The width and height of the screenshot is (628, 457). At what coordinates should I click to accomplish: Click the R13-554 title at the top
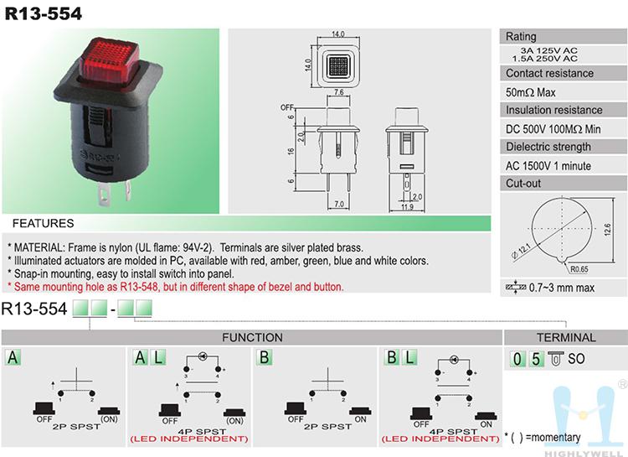click(44, 13)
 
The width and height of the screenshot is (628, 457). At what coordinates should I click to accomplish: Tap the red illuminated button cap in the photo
click(111, 60)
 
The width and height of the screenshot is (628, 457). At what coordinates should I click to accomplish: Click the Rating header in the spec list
click(521, 37)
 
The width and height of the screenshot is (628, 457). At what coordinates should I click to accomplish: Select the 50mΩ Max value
click(530, 92)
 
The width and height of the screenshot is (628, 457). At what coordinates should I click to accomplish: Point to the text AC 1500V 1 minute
click(548, 166)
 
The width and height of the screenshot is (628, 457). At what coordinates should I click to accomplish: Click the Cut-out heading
click(523, 184)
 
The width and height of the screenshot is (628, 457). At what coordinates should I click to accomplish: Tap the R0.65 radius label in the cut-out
click(579, 269)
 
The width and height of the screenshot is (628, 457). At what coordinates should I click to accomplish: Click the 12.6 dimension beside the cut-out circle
click(608, 230)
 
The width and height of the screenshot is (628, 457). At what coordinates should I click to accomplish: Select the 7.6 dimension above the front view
click(338, 92)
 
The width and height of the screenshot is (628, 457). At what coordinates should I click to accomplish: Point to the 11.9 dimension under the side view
click(407, 207)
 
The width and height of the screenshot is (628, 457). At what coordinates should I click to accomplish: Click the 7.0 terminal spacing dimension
click(339, 205)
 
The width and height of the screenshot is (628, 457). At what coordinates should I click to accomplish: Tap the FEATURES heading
click(44, 223)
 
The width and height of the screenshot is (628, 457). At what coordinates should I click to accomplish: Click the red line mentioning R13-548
click(176, 287)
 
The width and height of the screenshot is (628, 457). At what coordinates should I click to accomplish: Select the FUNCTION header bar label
click(252, 337)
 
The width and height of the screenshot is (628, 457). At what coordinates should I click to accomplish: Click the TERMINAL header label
click(566, 337)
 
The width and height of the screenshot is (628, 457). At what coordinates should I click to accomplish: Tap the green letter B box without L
click(265, 357)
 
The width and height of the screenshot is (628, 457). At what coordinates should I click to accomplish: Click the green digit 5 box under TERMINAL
click(536, 359)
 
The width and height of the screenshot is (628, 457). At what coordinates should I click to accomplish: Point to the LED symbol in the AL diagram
click(203, 356)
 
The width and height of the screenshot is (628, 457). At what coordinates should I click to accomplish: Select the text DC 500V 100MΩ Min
click(553, 129)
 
